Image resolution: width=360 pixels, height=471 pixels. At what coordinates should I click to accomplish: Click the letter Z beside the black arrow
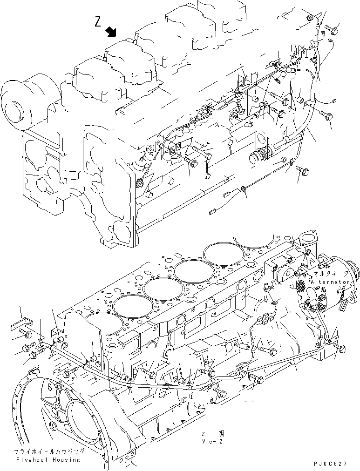98,22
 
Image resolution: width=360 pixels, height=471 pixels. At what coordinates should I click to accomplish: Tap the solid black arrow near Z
111,31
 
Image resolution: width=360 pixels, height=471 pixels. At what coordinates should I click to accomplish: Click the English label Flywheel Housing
47,459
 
